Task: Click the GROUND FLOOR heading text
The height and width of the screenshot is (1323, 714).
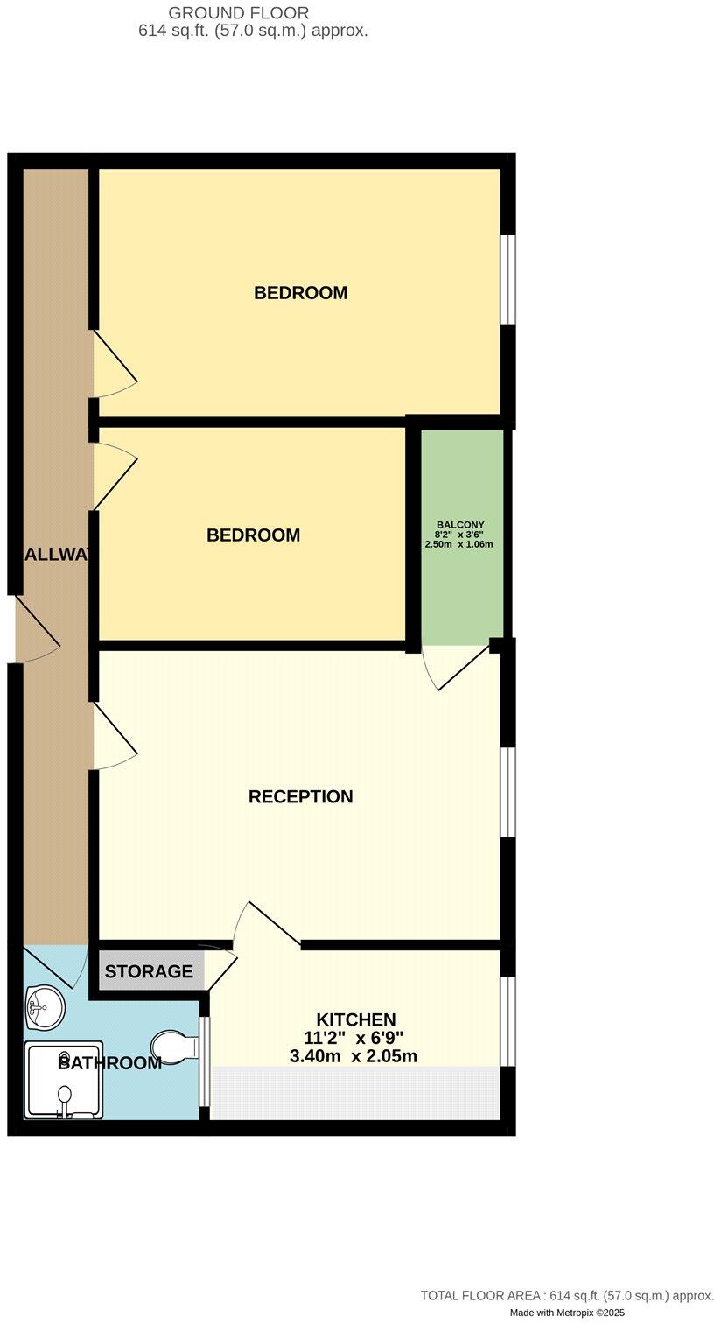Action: (x=239, y=13)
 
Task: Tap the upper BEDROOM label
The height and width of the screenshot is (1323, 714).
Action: (x=300, y=293)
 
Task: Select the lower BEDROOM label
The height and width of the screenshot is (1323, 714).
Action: (x=253, y=535)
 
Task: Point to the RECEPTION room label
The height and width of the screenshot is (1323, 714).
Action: (x=300, y=797)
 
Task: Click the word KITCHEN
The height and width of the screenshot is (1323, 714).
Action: (x=355, y=1019)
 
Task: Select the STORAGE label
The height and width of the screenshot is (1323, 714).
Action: (x=149, y=971)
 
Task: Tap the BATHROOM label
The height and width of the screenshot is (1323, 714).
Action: (x=109, y=1064)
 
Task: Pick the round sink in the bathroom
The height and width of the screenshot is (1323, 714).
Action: (x=45, y=1007)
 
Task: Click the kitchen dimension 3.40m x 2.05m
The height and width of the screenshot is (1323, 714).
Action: (x=353, y=1056)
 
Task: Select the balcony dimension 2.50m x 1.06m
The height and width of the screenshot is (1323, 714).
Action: (x=459, y=544)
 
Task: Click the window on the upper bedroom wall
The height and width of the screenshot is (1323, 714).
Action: (x=507, y=279)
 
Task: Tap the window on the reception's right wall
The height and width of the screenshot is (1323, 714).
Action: (x=507, y=792)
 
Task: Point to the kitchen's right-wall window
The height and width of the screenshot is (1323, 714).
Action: (x=507, y=1021)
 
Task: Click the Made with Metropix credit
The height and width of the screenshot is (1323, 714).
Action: (x=569, y=1313)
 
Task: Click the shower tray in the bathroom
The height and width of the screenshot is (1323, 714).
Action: (x=63, y=1081)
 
